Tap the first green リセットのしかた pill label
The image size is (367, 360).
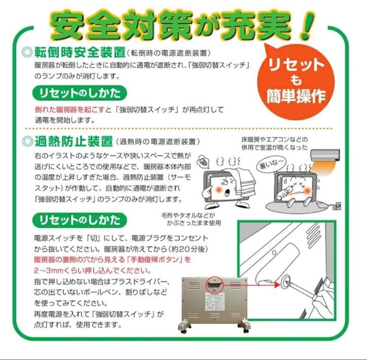pyautogui.click(x=79, y=93)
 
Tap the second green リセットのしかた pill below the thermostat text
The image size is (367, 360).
pyautogui.click(x=79, y=221)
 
